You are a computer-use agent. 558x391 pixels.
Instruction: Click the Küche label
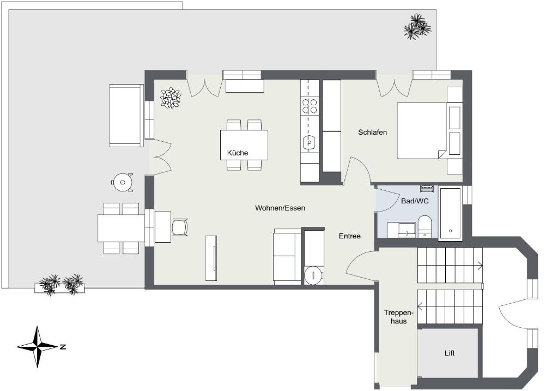[238, 153]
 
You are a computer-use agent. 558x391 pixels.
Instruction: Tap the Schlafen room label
[372, 132]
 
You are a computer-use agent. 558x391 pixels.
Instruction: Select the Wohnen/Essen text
[280, 208]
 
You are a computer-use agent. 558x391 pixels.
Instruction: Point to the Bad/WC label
[415, 201]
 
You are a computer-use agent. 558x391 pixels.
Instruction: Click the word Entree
[349, 236]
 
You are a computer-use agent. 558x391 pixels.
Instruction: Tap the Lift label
[450, 353]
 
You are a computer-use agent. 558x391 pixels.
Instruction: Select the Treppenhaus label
[398, 317]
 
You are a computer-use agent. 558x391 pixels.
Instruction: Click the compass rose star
[38, 346]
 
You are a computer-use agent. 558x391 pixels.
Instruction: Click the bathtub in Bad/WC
[451, 213]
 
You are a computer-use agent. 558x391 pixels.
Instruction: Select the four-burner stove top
[310, 106]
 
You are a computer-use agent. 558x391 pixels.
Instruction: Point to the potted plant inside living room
[171, 97]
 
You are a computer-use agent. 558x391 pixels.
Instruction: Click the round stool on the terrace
[123, 182]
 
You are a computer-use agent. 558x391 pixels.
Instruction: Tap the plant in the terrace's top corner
[417, 26]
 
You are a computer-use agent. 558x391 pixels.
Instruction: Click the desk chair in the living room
[180, 227]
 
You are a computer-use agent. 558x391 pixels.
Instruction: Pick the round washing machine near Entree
[313, 275]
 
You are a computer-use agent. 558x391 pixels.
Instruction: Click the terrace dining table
[121, 228]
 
